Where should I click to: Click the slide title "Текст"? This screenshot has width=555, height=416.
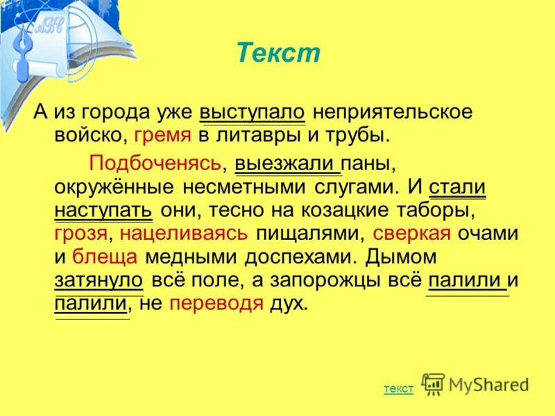click(x=278, y=53)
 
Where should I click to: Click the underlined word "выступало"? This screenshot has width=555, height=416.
click(x=253, y=112)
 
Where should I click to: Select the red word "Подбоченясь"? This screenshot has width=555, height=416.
click(x=155, y=163)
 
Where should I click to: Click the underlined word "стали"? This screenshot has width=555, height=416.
click(x=457, y=187)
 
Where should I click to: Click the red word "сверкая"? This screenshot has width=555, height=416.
click(x=412, y=233)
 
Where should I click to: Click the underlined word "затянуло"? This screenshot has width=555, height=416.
click(x=99, y=280)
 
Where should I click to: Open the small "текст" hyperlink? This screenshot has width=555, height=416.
click(x=398, y=389)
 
